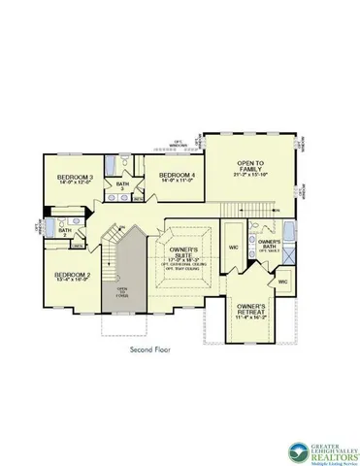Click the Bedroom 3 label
coord(75,177)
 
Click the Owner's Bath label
coord(269,243)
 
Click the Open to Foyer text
coord(123,292)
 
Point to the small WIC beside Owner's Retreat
coord(282,282)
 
